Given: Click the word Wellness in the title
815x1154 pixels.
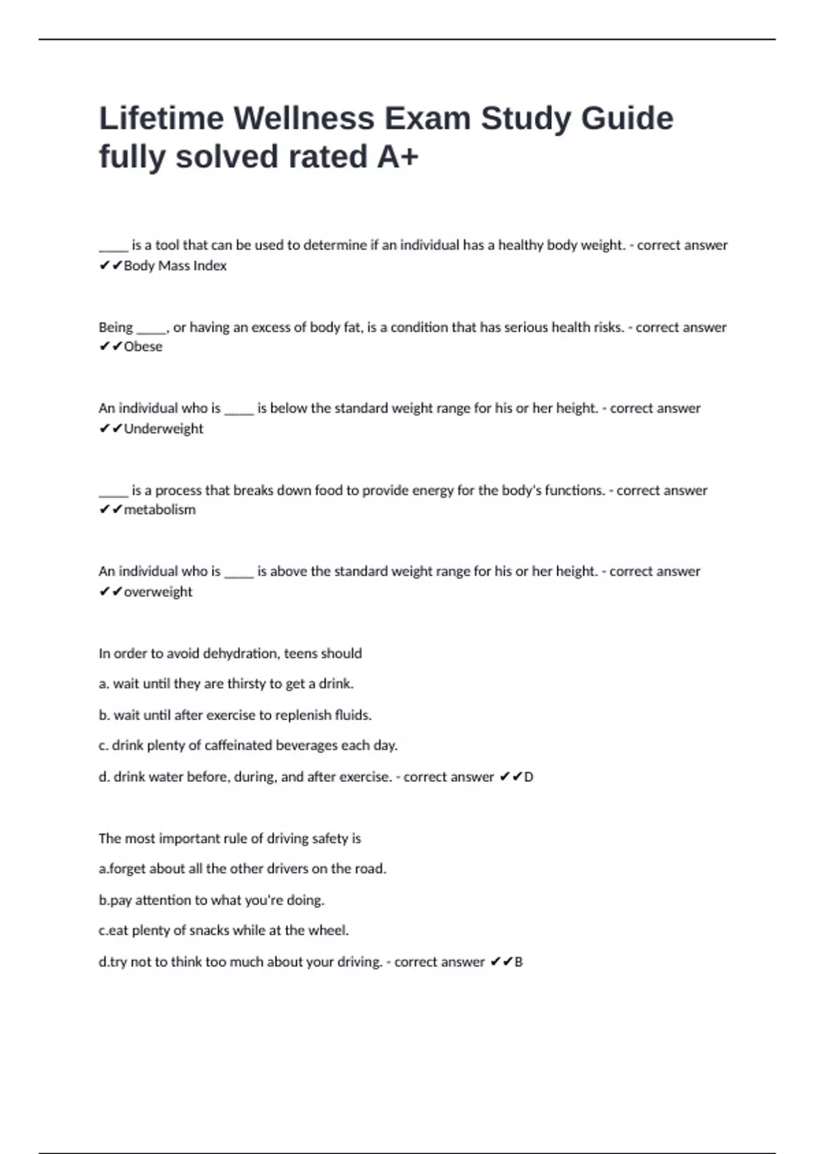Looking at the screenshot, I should coord(304,119).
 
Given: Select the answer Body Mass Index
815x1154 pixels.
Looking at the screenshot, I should coord(175,265).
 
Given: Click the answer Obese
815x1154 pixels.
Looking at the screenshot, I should coord(143,347).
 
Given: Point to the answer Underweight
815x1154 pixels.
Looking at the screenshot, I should coord(163,428).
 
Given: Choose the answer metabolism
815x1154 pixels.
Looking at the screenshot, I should coord(160,510).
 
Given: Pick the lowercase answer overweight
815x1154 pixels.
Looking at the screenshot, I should coord(158,592).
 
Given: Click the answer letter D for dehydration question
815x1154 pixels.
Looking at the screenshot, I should coord(528,777).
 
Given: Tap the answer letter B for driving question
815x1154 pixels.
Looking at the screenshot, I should coord(518,962).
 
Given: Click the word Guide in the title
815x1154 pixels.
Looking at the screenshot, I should coord(627,119).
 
